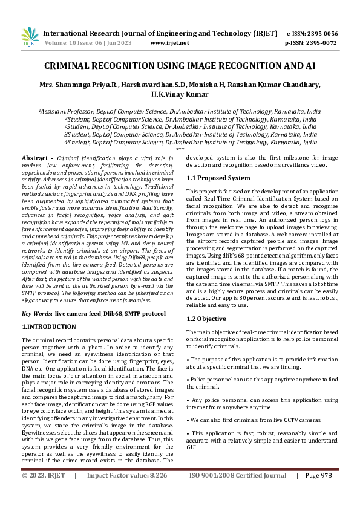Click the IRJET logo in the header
click(x=30, y=37)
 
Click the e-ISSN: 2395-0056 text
click(x=312, y=34)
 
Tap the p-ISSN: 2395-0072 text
click(x=312, y=44)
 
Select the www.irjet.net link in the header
click(x=169, y=44)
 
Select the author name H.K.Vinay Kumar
click(x=180, y=95)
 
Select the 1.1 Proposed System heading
click(x=218, y=178)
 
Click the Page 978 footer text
click(x=318, y=493)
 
